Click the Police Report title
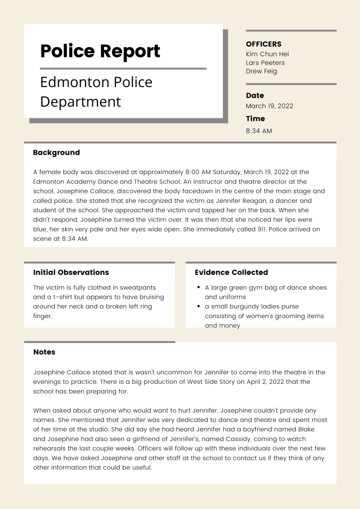(x=100, y=51)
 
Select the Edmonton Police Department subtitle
(x=96, y=91)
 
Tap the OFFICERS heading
(x=264, y=44)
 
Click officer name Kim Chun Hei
(x=267, y=54)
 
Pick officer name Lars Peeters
(x=265, y=63)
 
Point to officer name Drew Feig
(x=261, y=71)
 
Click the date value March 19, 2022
(x=269, y=106)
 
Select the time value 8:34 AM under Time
(x=259, y=131)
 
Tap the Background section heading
(x=56, y=153)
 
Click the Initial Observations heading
(x=71, y=272)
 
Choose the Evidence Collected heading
(x=231, y=272)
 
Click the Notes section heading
(x=44, y=352)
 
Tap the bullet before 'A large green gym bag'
(x=199, y=287)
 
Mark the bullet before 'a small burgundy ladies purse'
(x=199, y=306)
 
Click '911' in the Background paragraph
(x=262, y=229)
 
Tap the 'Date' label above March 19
(x=255, y=95)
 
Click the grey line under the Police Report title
(x=123, y=69)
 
